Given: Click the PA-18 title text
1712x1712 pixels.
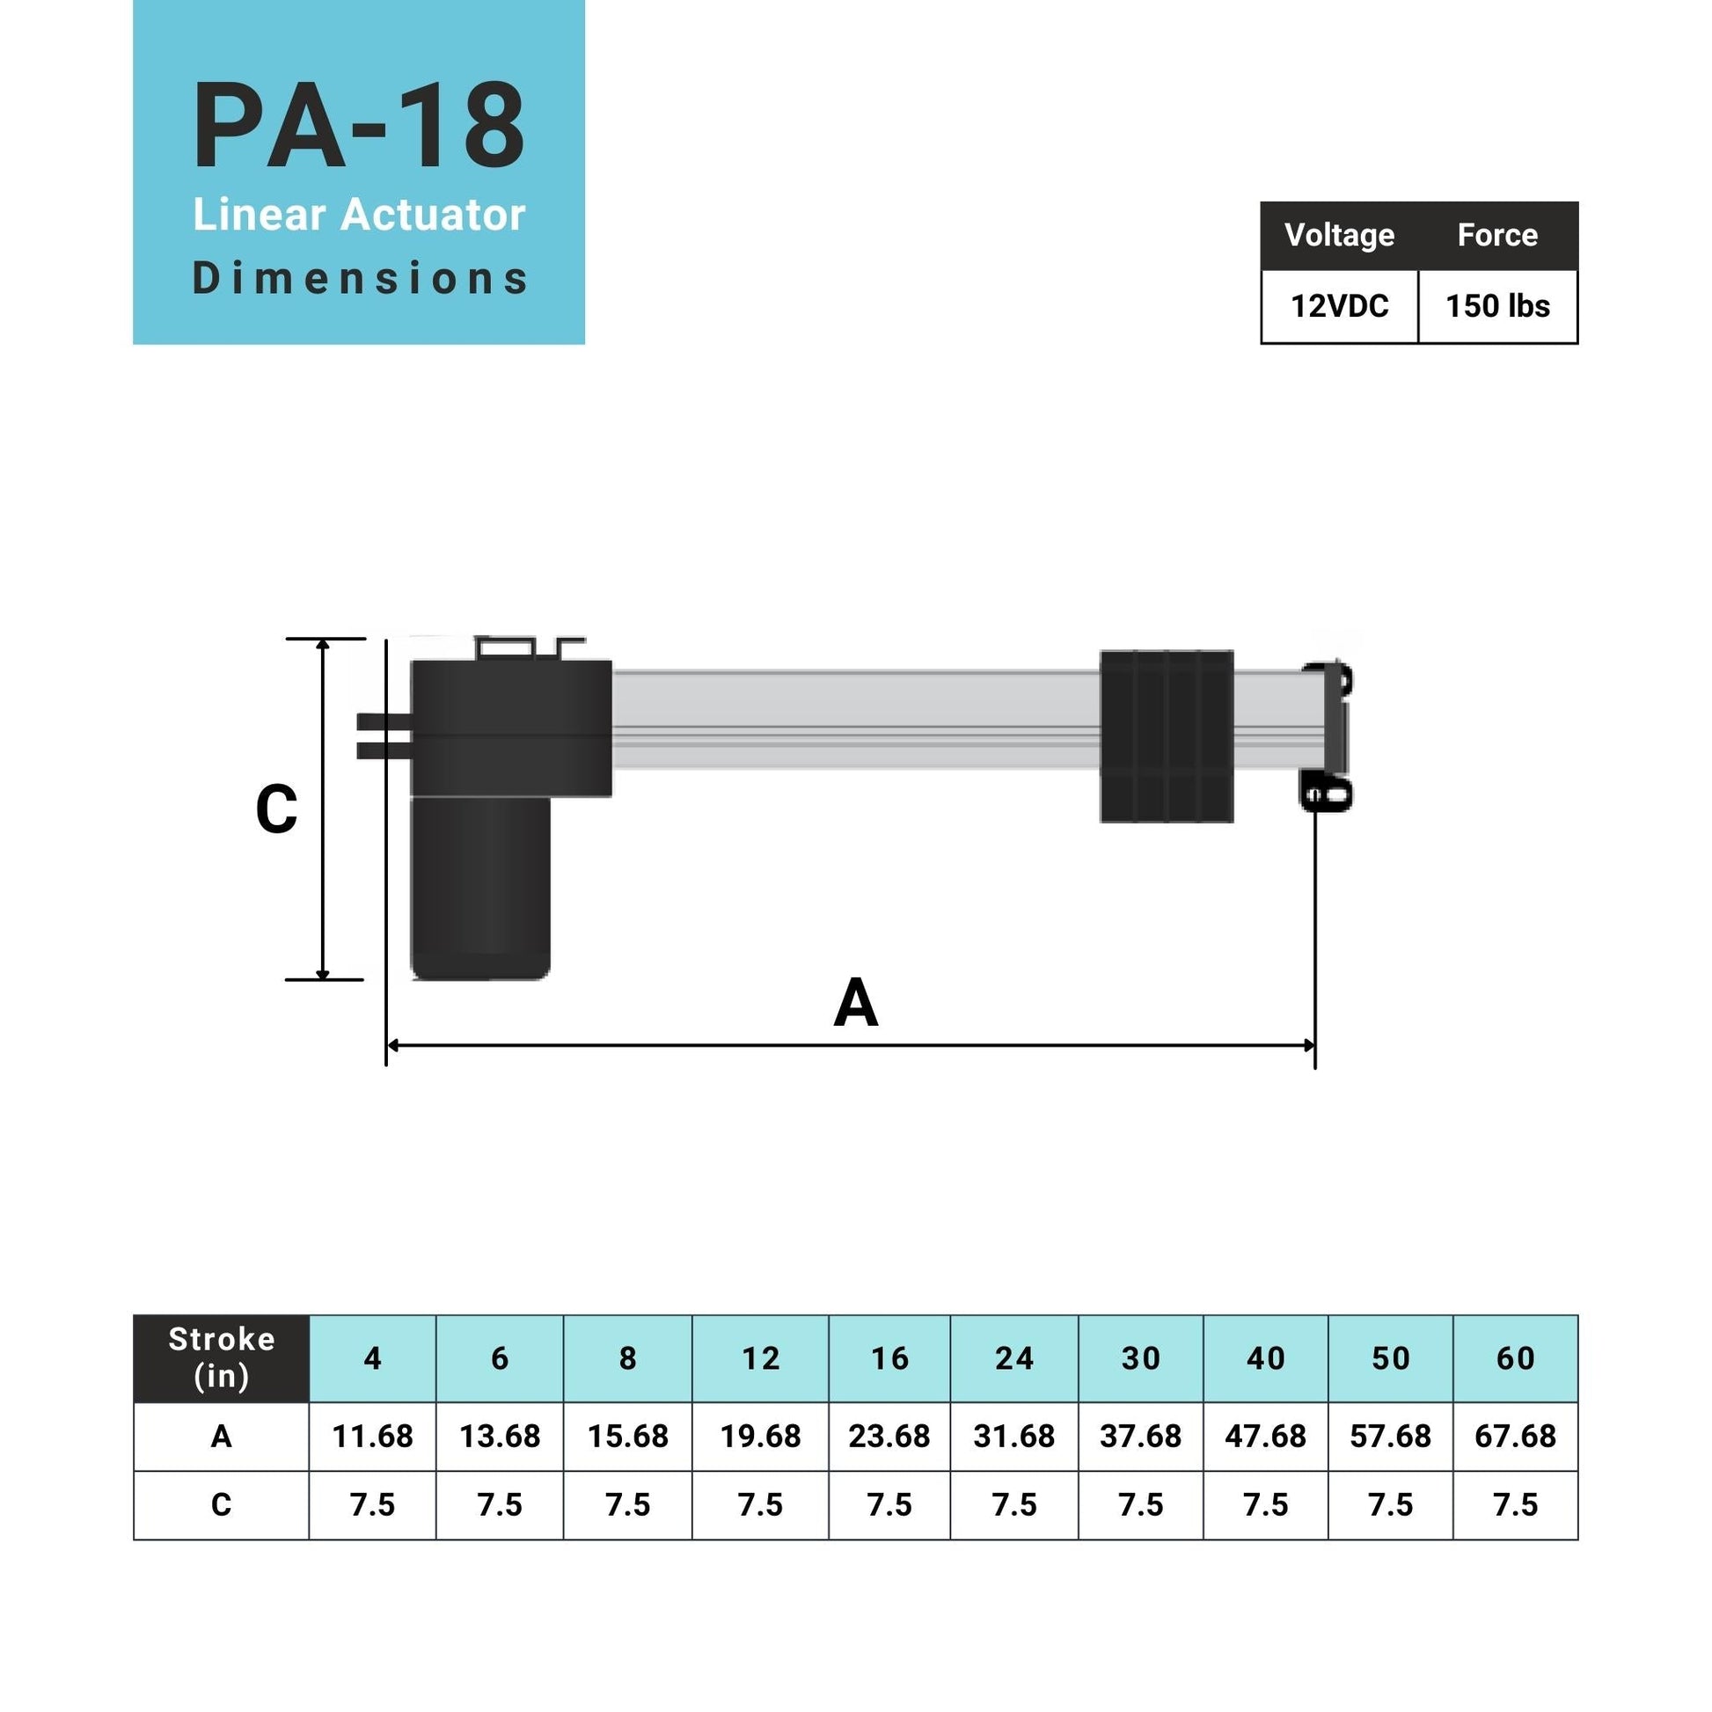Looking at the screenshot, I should pos(359,126).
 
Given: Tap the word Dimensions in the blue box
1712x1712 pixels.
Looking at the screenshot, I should pos(359,278).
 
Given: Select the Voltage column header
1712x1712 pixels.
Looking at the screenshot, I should pos(1339,235).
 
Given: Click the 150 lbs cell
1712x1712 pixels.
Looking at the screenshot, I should pos(1497,306).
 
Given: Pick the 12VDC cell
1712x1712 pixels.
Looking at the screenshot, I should pos(1339,306).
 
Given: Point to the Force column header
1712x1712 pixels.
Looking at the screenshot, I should pos(1497,235).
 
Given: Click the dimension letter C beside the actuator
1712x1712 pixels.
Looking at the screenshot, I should pos(275,809).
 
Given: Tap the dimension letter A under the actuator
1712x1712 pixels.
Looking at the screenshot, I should pos(855,1003).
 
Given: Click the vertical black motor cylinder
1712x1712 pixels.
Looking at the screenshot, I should pos(480,886).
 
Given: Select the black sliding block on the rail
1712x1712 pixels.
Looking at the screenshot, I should pos(1167,736).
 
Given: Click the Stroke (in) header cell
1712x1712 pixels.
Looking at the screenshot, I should pos(222,1357).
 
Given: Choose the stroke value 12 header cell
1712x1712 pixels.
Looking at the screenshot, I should pos(760,1358).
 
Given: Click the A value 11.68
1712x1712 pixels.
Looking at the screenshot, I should pos(372,1437).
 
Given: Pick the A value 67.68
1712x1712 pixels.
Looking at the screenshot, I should pos(1514,1437).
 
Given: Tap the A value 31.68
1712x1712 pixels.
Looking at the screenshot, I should pos(1013,1437).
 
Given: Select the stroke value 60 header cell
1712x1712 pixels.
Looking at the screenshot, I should pos(1514,1358).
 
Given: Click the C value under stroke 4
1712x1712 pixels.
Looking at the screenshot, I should pos(372,1504).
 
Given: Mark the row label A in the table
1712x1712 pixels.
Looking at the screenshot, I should pos(222,1437).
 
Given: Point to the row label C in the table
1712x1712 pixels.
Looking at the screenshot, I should pos(222,1504).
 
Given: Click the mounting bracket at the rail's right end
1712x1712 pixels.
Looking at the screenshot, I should pos(1328,735).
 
